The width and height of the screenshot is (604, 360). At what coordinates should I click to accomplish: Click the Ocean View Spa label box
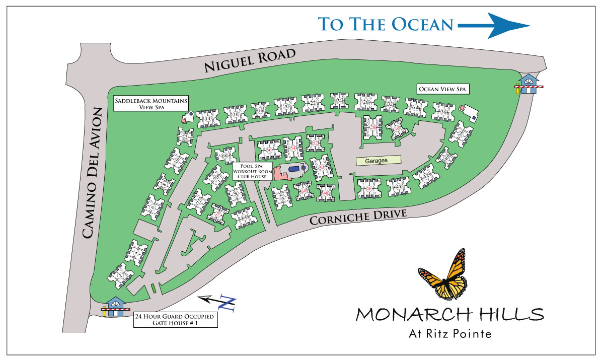pyautogui.click(x=443, y=89)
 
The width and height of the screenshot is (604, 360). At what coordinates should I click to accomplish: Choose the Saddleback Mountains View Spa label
pyautogui.click(x=150, y=104)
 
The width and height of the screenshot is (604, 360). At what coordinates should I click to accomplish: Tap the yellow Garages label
pyautogui.click(x=379, y=160)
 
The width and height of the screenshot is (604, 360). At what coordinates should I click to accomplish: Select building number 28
pyautogui.click(x=373, y=128)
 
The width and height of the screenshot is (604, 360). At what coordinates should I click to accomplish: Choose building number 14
pyautogui.click(x=207, y=118)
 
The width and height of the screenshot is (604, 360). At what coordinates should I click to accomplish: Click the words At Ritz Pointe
pyautogui.click(x=449, y=333)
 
